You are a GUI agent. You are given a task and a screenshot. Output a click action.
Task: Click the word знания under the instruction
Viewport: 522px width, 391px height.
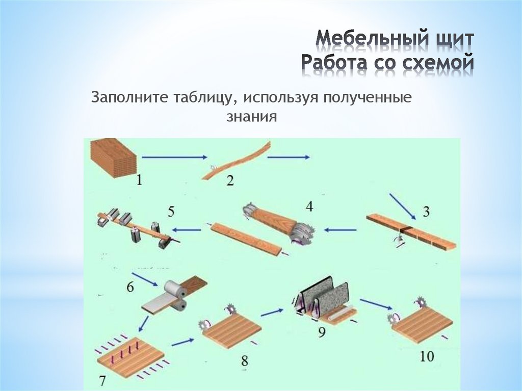tap(252, 117)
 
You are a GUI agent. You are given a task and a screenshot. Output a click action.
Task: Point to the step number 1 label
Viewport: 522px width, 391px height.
tap(139, 180)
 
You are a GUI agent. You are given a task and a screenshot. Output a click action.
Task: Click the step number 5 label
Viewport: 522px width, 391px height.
tap(171, 212)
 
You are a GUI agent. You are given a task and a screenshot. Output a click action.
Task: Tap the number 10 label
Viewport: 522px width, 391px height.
tap(427, 357)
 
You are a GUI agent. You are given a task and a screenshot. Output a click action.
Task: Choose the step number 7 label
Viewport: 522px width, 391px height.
tap(102, 380)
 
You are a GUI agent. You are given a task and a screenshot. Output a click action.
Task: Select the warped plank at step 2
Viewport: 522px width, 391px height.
tap(237, 160)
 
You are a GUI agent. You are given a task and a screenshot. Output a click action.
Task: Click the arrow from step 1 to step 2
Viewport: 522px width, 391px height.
tap(175, 157)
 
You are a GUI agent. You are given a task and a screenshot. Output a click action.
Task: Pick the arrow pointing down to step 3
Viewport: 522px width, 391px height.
tap(403, 206)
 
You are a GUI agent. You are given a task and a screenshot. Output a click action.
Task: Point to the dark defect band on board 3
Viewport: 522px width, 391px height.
tap(406, 229)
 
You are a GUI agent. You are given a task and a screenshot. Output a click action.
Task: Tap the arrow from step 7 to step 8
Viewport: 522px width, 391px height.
tap(182, 342)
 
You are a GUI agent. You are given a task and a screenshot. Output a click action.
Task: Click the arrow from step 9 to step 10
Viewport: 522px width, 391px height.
tap(376, 303)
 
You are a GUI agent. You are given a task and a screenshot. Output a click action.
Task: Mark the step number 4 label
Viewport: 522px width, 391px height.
tap(309, 206)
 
